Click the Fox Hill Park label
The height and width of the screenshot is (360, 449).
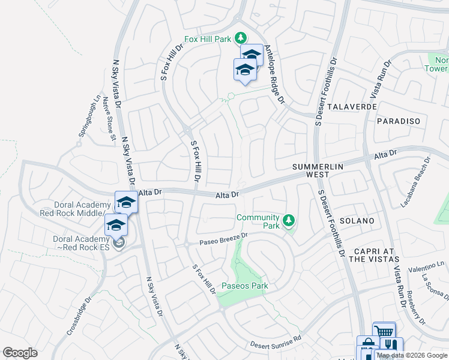click(x=208, y=39)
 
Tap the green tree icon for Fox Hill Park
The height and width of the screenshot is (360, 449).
click(x=240, y=38)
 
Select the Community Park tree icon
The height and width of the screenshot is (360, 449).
click(x=289, y=221)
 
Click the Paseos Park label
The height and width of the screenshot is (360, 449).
click(x=245, y=286)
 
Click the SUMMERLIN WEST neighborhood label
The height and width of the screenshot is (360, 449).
click(x=310, y=170)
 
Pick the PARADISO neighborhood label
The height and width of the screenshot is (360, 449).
click(x=399, y=121)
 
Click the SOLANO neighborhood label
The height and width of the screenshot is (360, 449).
click(x=357, y=221)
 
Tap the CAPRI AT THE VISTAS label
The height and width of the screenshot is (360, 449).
click(x=374, y=255)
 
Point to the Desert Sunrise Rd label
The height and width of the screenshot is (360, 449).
click(x=276, y=344)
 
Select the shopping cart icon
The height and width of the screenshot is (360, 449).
click(x=384, y=331)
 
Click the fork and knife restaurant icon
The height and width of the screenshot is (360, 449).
click(x=391, y=346)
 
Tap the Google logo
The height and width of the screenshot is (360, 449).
click(x=20, y=353)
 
